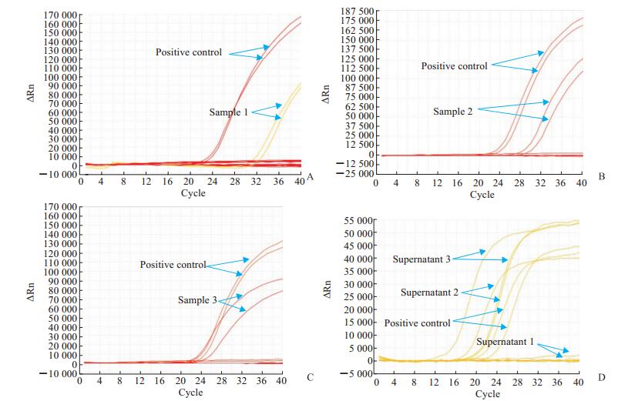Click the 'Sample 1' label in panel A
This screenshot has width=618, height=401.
[229, 112]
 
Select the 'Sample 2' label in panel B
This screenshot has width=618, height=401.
[452, 112]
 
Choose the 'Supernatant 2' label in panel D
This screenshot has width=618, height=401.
[431, 293]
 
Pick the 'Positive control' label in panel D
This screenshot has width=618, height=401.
[417, 323]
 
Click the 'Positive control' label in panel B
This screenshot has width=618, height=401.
[454, 66]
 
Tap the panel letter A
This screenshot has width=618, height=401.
[310, 177]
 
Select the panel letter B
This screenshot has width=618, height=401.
[601, 177]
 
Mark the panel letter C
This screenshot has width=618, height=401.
[310, 377]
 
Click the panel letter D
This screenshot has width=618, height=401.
[601, 377]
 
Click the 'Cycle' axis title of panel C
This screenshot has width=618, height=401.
[192, 393]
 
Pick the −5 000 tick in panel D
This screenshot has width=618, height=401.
[354, 374]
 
